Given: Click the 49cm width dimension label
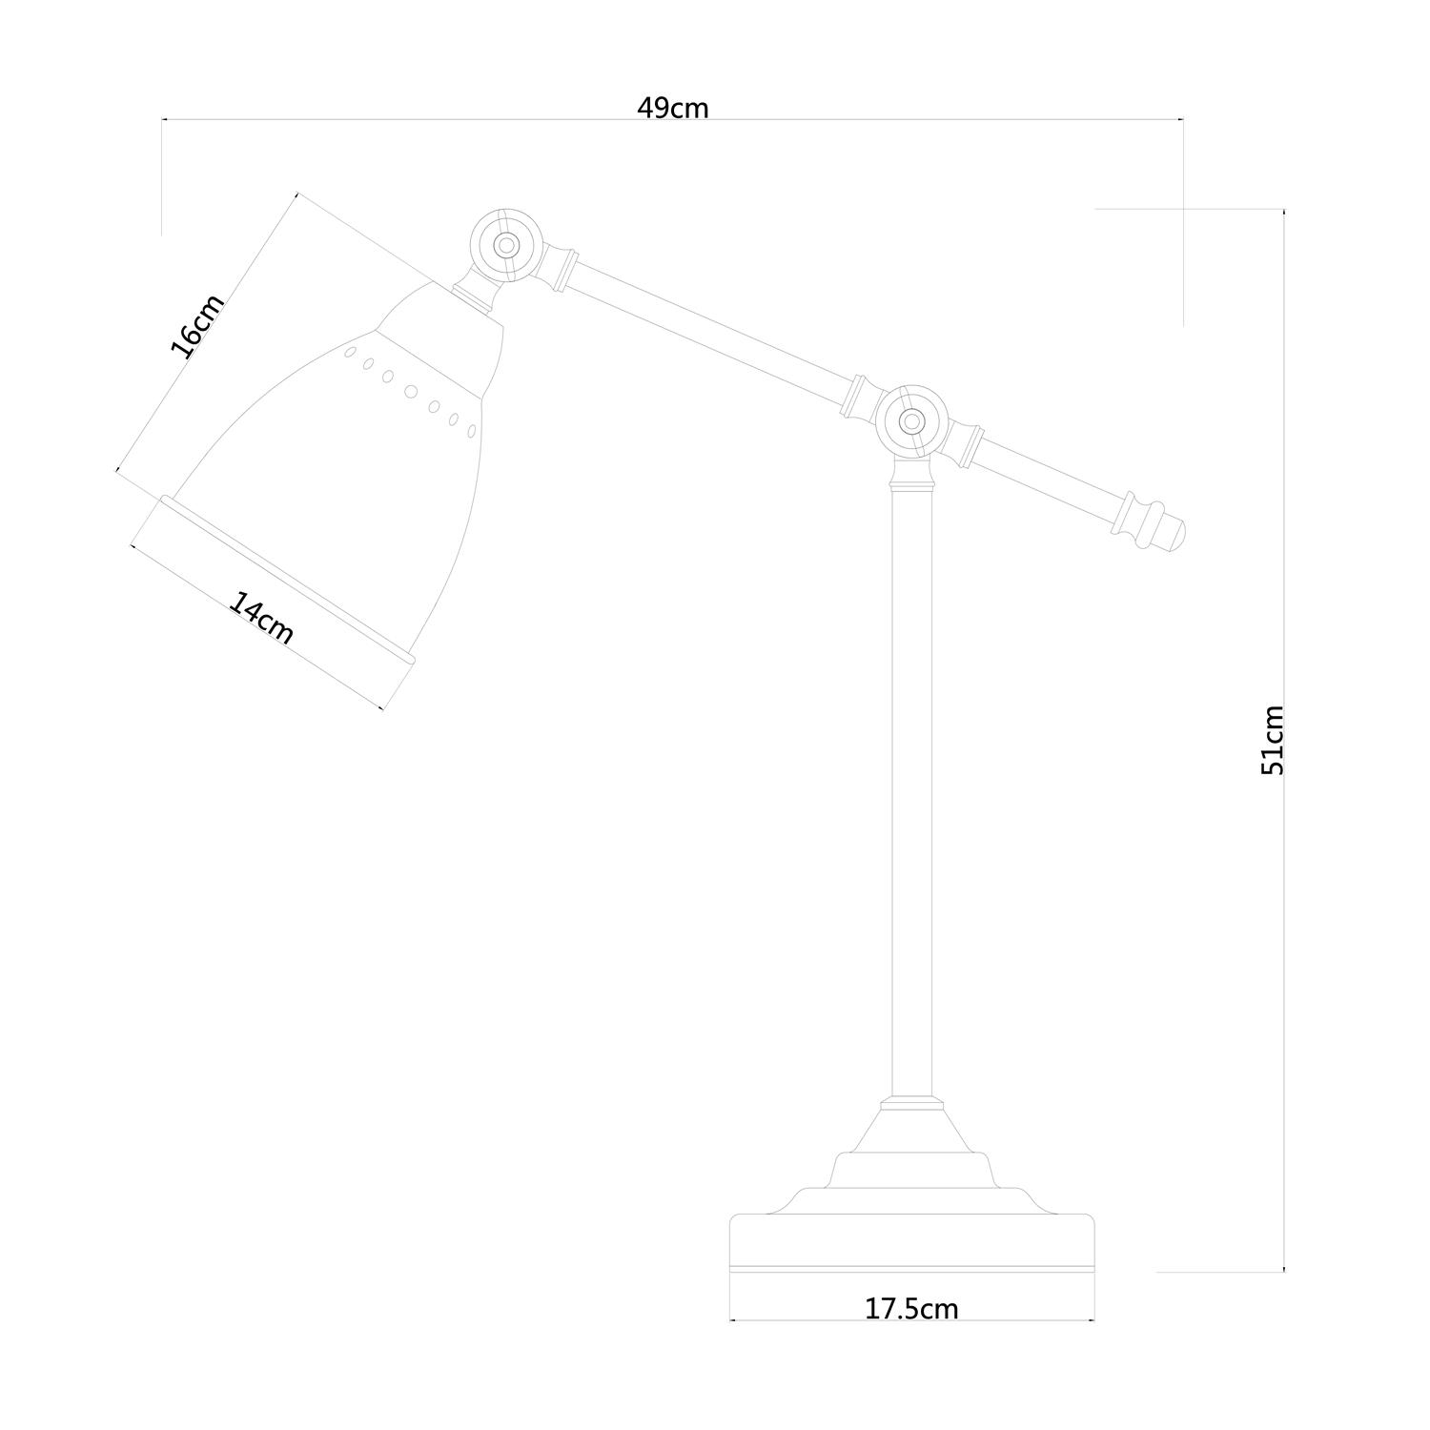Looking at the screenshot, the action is click(673, 108).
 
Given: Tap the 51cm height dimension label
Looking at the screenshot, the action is click(1273, 740).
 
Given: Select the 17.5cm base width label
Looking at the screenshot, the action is click(911, 1308).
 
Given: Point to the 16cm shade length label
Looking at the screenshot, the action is click(197, 325).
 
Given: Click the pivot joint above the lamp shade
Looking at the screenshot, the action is click(506, 245).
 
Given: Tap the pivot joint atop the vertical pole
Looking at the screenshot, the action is click(911, 419).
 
